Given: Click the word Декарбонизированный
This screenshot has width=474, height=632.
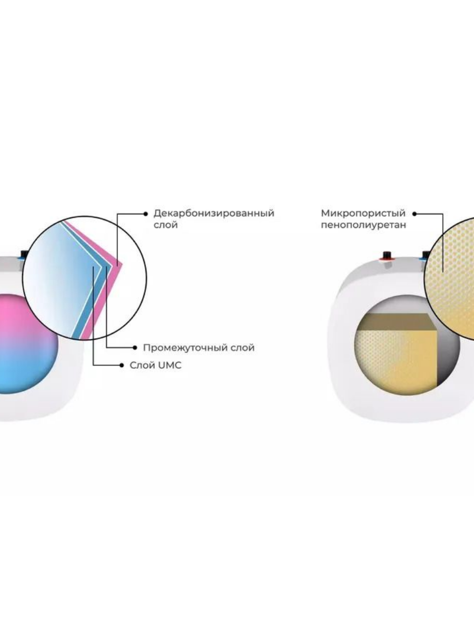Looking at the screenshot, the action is tap(213, 213).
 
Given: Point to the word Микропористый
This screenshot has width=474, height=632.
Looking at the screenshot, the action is tap(363, 213).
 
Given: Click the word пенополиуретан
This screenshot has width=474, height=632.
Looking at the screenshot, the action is tap(363, 225).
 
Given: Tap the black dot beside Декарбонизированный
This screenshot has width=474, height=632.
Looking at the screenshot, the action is tap(146, 214).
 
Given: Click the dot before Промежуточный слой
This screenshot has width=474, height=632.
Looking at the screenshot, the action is tap(135, 348).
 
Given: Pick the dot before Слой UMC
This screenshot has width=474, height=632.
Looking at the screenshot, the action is tap(122, 366).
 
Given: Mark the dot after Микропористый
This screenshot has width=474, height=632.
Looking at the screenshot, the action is tap(414, 214).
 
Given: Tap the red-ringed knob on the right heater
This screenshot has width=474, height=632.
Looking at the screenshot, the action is tap(387, 255).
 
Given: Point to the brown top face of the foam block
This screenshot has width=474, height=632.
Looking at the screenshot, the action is tap(398, 322).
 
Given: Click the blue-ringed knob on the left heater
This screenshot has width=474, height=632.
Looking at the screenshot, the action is tap(24, 255).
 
